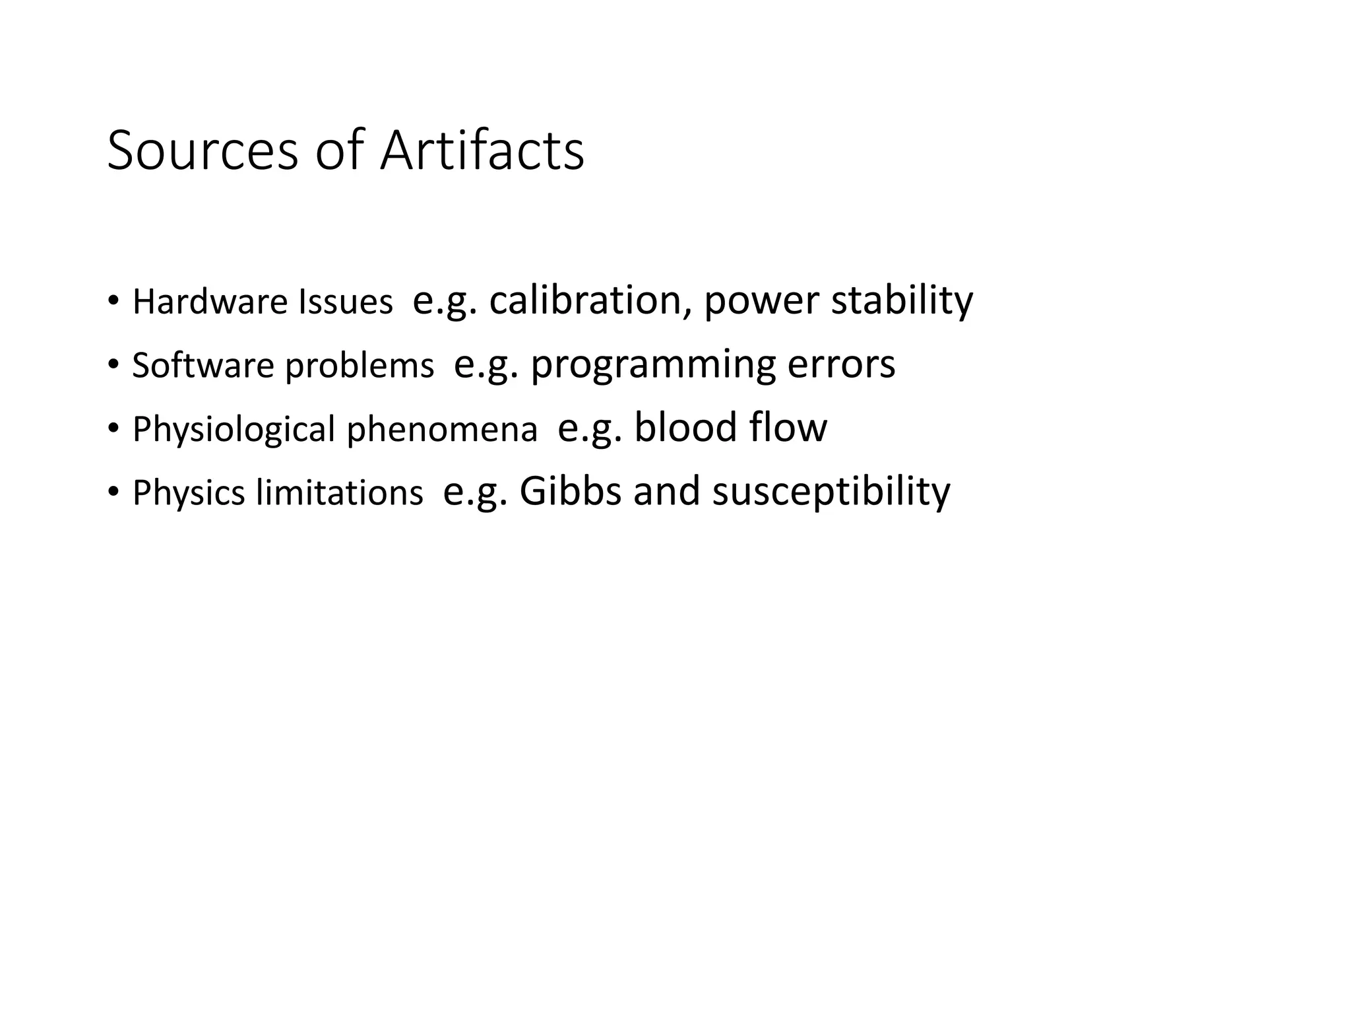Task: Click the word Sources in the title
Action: point(203,151)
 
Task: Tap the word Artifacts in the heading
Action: point(482,151)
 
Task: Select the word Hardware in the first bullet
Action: point(210,302)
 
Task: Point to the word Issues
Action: point(346,302)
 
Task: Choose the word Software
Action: point(203,365)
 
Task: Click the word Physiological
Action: point(234,429)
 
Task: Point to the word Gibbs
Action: point(571,490)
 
